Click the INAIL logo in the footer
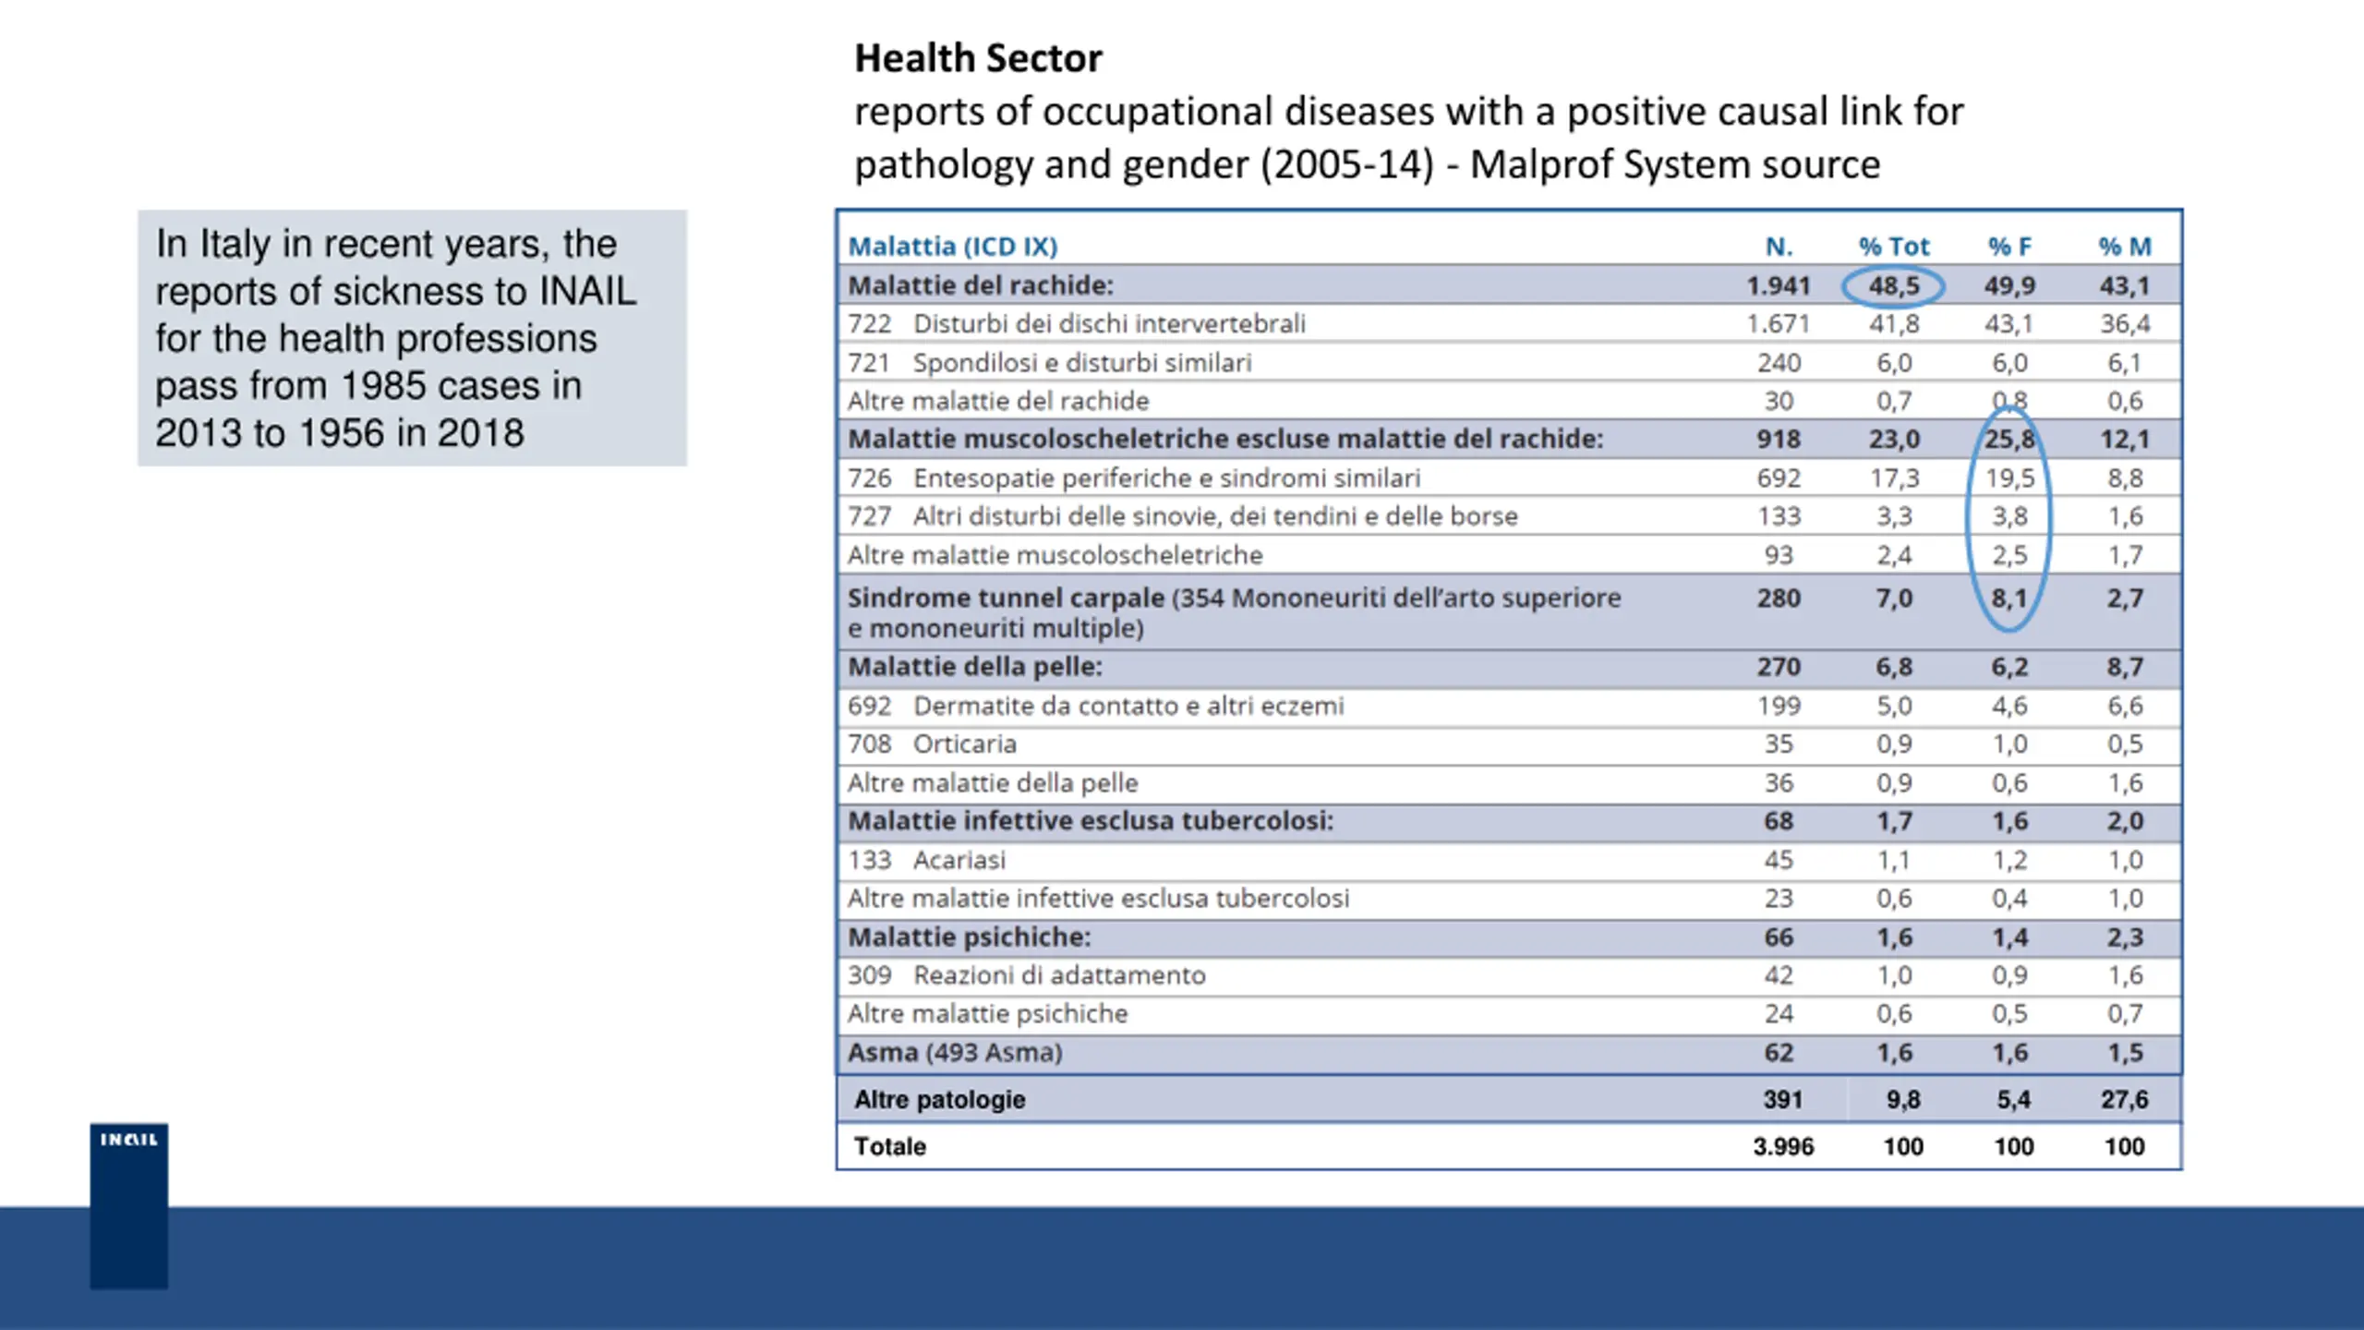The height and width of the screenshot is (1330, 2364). click(x=129, y=1205)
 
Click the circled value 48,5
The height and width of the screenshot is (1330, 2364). click(x=1894, y=286)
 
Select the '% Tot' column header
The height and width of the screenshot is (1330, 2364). click(x=1894, y=247)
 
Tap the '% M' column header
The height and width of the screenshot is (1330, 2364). click(x=2125, y=247)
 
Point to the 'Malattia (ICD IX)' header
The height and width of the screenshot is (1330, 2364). click(x=953, y=247)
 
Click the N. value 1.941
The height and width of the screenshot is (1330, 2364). click(x=1779, y=286)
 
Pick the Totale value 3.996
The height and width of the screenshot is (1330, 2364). click(x=1783, y=1146)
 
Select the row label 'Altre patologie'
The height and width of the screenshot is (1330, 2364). click(x=940, y=1100)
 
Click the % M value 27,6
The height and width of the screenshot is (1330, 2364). click(x=2125, y=1100)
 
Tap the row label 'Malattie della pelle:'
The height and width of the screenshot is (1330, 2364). click(x=975, y=667)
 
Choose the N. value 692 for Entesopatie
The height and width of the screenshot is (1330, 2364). click(x=1779, y=478)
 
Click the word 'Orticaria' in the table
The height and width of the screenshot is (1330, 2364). click(x=965, y=744)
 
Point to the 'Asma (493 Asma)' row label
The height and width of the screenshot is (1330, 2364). click(x=955, y=1053)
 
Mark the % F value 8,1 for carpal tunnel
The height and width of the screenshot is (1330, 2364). click(x=2009, y=598)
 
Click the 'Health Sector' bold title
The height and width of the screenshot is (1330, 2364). click(x=978, y=58)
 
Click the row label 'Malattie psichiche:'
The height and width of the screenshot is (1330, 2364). click(x=970, y=937)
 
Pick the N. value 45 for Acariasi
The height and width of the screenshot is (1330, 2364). click(x=1779, y=860)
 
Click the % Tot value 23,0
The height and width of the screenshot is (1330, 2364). click(x=1894, y=440)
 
